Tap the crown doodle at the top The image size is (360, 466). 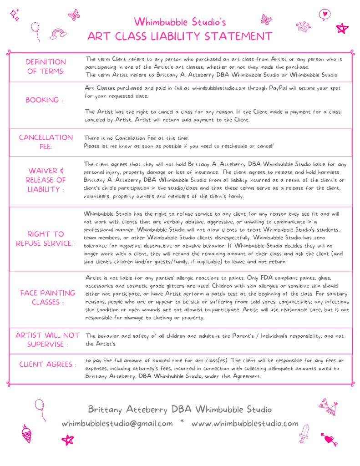click(303, 26)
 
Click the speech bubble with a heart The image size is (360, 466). click(324, 15)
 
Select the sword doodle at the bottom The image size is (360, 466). click(304, 433)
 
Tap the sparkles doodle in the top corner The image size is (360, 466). click(15, 15)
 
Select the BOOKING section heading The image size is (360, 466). click(44, 100)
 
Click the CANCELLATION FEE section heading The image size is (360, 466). click(46, 142)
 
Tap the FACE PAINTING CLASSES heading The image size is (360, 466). click(47, 298)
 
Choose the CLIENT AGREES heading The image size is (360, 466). click(47, 365)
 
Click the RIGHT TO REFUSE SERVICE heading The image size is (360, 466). click(46, 239)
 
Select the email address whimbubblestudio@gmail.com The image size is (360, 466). click(117, 423)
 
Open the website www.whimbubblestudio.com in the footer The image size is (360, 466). click(245, 423)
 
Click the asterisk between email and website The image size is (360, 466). click(182, 422)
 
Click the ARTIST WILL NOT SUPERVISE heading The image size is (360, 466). click(47, 340)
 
